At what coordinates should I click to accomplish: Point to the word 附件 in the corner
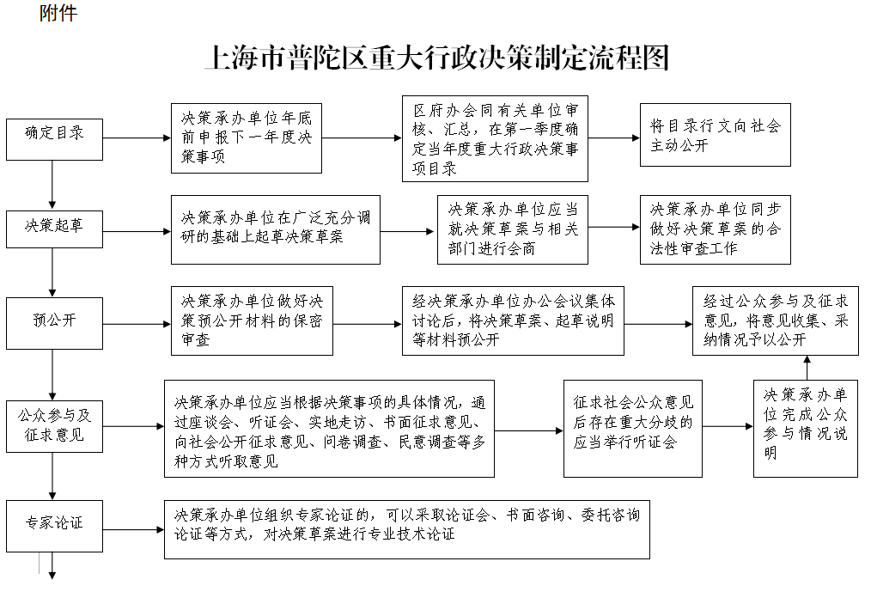click(58, 13)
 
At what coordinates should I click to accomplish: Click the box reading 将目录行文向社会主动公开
click(715, 135)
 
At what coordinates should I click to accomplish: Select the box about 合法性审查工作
click(715, 229)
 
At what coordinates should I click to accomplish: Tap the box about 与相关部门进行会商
click(512, 229)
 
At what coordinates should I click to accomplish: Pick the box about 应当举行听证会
click(632, 428)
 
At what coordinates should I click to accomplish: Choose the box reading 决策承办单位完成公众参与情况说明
click(806, 428)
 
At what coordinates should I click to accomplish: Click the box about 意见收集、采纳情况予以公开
click(776, 320)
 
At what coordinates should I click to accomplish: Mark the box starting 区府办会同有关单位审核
click(495, 138)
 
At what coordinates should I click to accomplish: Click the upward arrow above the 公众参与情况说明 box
click(806, 368)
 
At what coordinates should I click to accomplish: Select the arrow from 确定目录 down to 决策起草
click(53, 185)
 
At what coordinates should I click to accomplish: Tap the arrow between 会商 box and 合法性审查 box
click(613, 227)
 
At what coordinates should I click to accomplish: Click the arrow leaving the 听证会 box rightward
click(728, 426)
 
